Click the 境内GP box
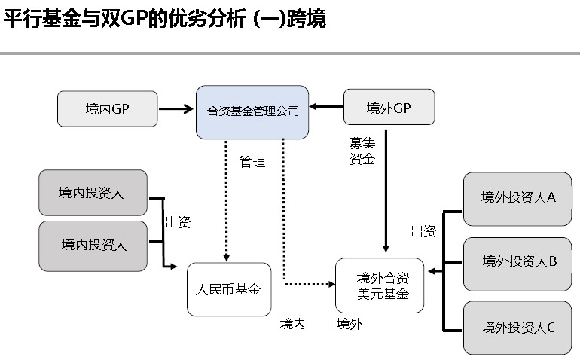(x=108, y=108)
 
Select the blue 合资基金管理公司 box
(x=252, y=112)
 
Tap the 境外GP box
(x=389, y=108)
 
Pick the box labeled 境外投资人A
(x=517, y=198)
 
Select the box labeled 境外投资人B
(x=517, y=263)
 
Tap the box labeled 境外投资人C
(x=517, y=327)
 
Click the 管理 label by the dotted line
(x=252, y=161)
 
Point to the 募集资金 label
(x=362, y=150)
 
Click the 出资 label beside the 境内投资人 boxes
(x=178, y=222)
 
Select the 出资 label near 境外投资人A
(x=423, y=232)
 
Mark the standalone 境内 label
(x=292, y=324)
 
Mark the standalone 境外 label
(x=349, y=324)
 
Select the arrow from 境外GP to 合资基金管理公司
(x=326, y=108)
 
